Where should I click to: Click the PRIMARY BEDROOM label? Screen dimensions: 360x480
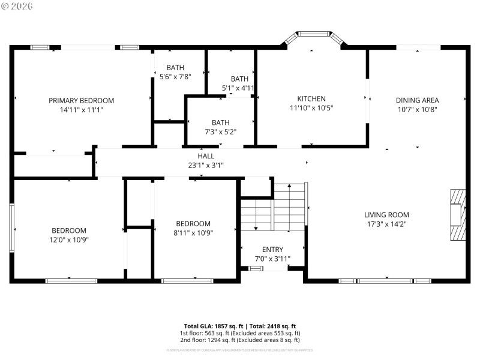click(81, 100)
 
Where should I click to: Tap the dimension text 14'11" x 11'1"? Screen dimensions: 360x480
click(81, 110)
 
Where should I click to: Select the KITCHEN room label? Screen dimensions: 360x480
click(311, 98)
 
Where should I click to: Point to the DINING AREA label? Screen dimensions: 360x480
click(417, 100)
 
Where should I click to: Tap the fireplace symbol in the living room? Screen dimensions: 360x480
click(458, 215)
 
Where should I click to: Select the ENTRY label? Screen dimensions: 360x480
click(272, 250)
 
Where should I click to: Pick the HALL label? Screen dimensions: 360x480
click(206, 155)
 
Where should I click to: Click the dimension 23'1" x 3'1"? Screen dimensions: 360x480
click(206, 165)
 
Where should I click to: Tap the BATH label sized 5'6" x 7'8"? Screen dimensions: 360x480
click(175, 68)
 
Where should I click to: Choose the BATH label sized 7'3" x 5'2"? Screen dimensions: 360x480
click(220, 122)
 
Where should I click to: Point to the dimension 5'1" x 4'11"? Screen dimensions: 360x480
click(238, 88)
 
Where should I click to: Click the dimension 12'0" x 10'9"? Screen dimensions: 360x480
click(68, 240)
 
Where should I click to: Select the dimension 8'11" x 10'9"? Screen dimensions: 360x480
click(193, 233)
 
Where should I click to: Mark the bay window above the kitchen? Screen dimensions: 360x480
click(315, 35)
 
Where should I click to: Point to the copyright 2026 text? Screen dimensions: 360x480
click(17, 6)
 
